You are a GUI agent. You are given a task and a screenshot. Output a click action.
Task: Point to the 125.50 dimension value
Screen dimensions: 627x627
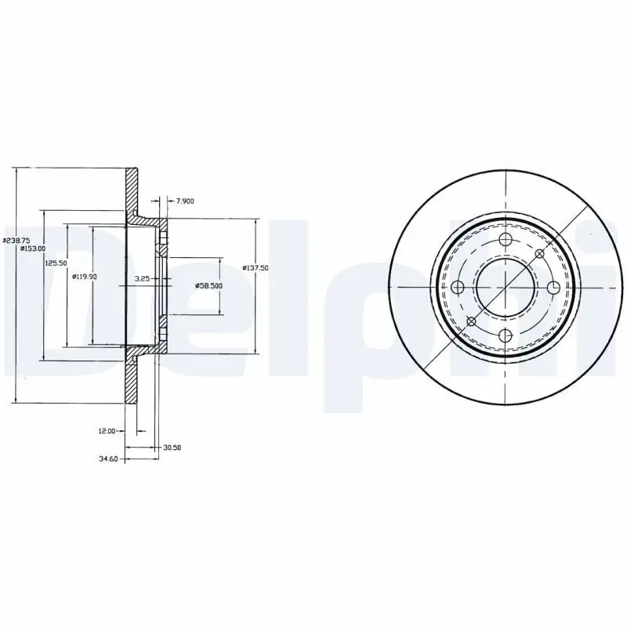(x=54, y=263)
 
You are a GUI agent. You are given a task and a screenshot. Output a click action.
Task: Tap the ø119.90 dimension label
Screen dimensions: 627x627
(x=84, y=276)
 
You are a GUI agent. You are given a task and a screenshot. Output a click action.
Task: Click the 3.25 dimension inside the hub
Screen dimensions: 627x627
(x=142, y=279)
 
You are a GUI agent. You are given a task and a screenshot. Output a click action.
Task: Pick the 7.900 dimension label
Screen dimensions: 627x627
(x=185, y=201)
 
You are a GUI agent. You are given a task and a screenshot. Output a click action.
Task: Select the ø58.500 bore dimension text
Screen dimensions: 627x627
(x=208, y=286)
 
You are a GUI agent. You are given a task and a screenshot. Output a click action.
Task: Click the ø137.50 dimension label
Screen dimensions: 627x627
(x=256, y=267)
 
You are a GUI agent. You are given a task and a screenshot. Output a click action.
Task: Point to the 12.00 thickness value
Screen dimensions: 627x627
(x=107, y=431)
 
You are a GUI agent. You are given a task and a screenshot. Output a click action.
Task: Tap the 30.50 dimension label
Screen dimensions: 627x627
(x=172, y=448)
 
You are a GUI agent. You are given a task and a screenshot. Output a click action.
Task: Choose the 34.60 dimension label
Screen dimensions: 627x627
(x=108, y=458)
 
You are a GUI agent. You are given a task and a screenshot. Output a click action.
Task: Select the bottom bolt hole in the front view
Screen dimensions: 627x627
(x=505, y=336)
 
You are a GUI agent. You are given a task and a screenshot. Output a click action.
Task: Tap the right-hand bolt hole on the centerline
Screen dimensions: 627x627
(x=553, y=288)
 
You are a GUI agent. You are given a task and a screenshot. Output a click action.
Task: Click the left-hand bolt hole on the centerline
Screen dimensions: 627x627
(x=457, y=288)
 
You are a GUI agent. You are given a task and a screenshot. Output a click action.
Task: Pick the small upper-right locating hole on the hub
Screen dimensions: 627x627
(x=538, y=254)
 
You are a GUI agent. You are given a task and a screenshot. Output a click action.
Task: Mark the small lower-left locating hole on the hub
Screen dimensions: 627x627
(x=471, y=321)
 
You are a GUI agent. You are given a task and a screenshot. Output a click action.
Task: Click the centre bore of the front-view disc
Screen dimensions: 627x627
(x=505, y=288)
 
